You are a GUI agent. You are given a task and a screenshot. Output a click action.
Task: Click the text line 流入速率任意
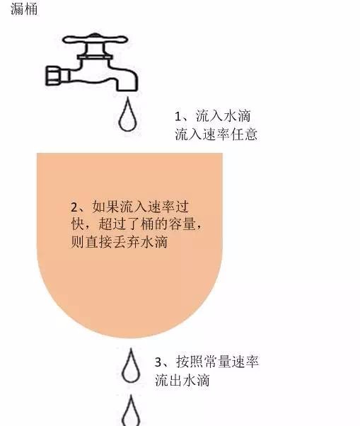[x=215, y=134]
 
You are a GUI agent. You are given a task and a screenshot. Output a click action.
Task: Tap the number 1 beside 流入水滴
[x=180, y=116]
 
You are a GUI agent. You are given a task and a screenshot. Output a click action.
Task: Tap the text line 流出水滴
[x=182, y=380]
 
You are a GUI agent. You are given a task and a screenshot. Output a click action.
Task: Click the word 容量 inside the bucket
[x=187, y=225]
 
